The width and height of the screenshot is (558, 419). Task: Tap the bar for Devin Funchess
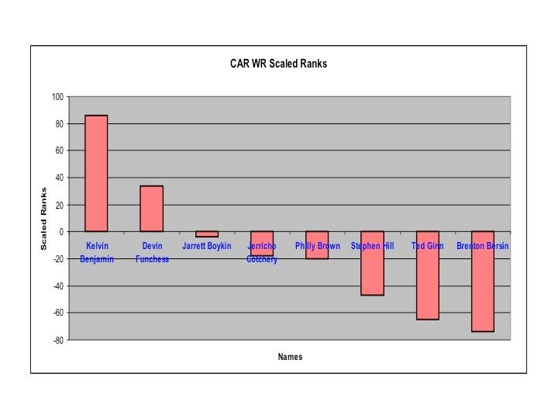tap(151, 208)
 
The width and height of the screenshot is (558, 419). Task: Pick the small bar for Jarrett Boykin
tap(207, 234)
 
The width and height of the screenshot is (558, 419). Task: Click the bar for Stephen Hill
tap(372, 263)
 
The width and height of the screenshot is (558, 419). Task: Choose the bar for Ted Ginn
tap(427, 275)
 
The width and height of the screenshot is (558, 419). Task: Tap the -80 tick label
tap(57, 340)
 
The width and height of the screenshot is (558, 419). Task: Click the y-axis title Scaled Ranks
tap(43, 219)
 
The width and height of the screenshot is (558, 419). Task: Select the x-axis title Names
tap(290, 357)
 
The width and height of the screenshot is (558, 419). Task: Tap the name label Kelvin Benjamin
tap(96, 252)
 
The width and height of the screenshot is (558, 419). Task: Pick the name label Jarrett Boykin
tap(207, 246)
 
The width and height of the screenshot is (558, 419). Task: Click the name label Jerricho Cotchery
tap(262, 253)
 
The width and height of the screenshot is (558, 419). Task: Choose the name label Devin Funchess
tap(152, 252)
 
